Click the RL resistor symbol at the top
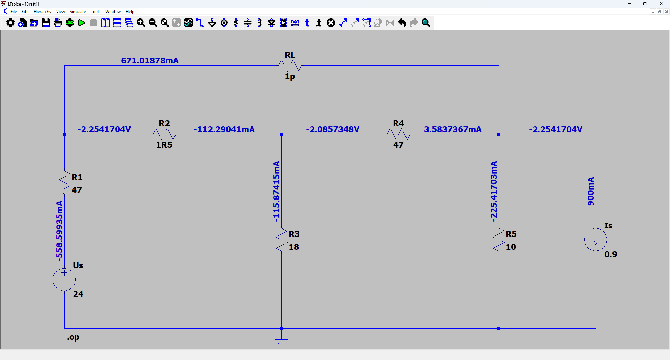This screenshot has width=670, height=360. [x=290, y=66]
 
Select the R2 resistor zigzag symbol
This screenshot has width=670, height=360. [x=164, y=134]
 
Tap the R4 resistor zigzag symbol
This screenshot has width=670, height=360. [x=399, y=134]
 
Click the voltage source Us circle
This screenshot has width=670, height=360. [x=64, y=279]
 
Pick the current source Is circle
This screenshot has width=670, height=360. [x=596, y=240]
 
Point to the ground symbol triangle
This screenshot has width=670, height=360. [x=281, y=343]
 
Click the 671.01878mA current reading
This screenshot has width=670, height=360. [x=150, y=61]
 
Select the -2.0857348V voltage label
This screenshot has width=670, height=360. [x=333, y=129]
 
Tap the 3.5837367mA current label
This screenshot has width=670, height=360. [x=453, y=129]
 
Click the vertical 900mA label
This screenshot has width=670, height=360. [x=590, y=191]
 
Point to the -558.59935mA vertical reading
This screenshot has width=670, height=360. [x=59, y=231]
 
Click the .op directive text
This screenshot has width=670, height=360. [x=73, y=337]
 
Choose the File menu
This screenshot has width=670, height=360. [x=14, y=12]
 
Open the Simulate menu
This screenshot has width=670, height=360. [x=78, y=12]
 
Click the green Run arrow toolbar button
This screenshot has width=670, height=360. [x=82, y=23]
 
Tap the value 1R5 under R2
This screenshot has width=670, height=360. [x=164, y=145]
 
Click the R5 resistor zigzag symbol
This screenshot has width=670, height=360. [x=499, y=240]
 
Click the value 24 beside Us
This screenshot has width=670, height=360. [x=78, y=294]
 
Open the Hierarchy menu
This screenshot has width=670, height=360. [x=42, y=12]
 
